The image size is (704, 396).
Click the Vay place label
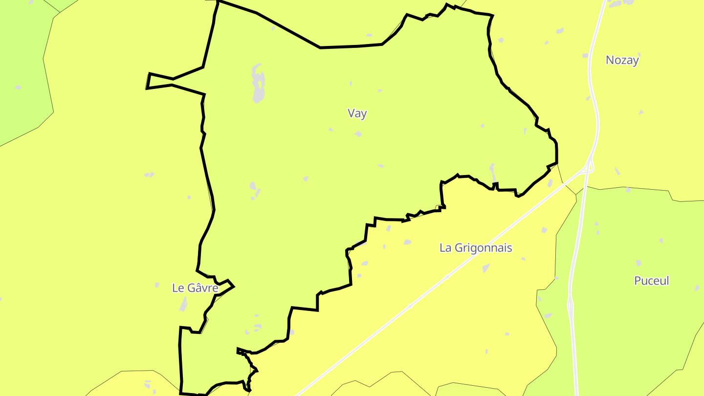click(x=357, y=113)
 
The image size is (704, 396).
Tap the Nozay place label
click(x=622, y=60)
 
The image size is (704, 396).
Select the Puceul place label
click(x=651, y=281)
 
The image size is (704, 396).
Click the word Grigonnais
click(x=483, y=248)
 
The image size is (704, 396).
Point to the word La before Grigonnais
click(x=445, y=248)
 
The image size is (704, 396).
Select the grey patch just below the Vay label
click(x=358, y=133)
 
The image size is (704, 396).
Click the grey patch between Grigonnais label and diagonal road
click(x=486, y=268)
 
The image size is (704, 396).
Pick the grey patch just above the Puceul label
click(x=638, y=263)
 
